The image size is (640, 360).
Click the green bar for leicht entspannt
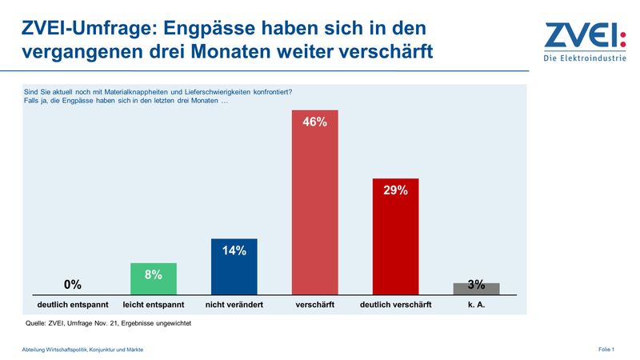pos(153,279)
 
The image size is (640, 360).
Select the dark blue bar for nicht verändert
pos(234,267)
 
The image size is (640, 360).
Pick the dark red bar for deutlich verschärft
pos(395,237)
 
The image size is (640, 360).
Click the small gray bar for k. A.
pos(476,289)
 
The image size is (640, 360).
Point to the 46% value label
pos(314,122)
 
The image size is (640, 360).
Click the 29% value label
pos(395,190)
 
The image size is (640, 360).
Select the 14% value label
pos(234,250)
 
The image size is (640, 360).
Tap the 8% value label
pos(153,274)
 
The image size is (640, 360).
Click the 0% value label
pos(73,285)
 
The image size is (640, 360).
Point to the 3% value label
pos(476,285)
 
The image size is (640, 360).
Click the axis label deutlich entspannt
pos(73,305)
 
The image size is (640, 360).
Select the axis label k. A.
pos(476,305)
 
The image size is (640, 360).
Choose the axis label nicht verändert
pos(234,305)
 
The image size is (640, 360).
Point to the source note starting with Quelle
pos(110,324)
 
